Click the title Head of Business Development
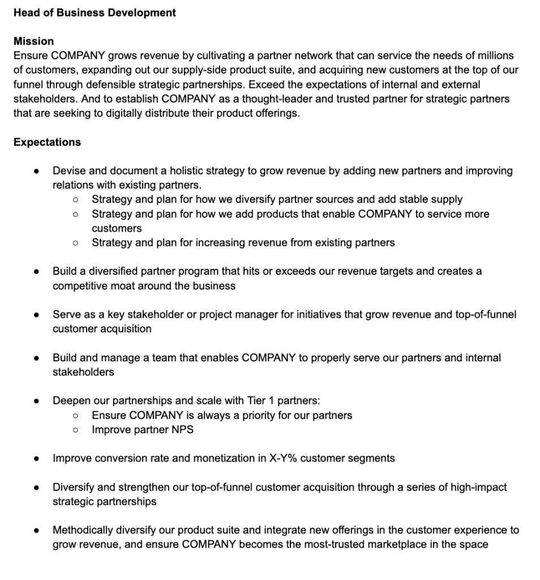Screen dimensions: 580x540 (95, 12)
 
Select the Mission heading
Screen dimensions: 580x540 (33, 41)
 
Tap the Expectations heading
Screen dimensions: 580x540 (47, 142)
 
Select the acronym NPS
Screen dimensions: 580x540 (182, 430)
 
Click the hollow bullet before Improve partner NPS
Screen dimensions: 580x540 (75, 430)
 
